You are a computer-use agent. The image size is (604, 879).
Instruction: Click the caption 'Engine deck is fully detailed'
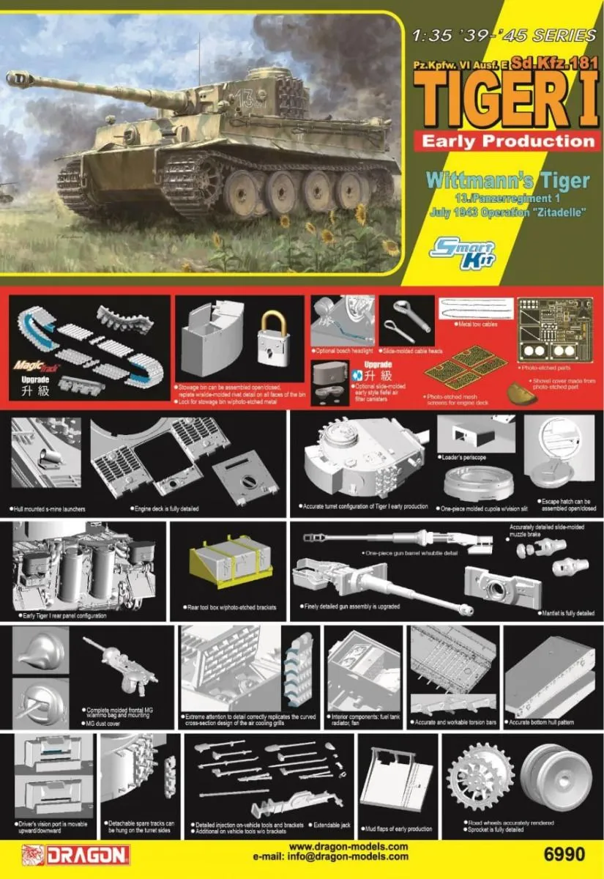166,508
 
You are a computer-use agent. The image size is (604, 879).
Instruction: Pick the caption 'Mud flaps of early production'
400,829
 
